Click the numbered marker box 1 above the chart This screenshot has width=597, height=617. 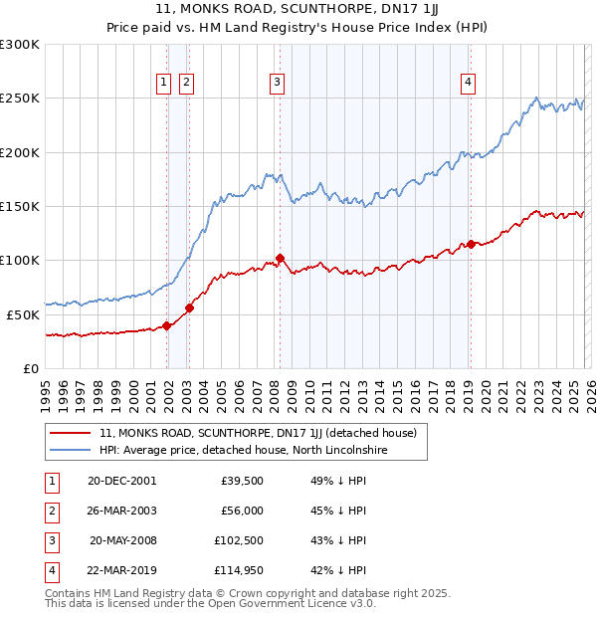(162, 84)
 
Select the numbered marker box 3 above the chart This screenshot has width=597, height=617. (277, 84)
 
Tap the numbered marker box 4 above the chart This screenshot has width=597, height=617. (467, 84)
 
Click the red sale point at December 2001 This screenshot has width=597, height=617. (167, 325)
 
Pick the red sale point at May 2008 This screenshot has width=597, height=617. (280, 258)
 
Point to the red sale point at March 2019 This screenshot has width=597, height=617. (471, 244)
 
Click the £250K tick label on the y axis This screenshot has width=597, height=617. (20, 99)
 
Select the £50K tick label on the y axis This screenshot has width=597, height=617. (23, 314)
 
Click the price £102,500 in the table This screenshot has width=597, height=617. (237, 539)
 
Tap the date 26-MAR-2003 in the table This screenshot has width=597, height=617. (122, 511)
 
